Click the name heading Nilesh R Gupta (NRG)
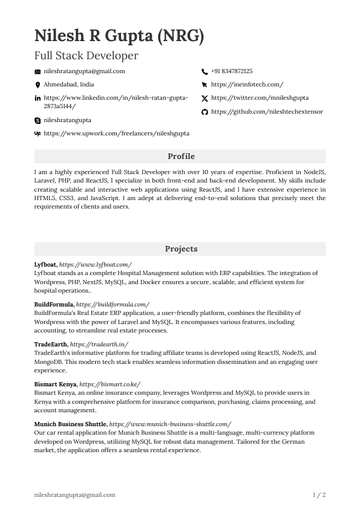click(119, 36)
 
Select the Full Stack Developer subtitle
click(86, 56)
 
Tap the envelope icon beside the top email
click(38, 71)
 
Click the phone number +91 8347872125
click(232, 71)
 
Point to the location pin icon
click(38, 85)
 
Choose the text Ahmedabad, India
click(69, 85)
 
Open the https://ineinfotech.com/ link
click(247, 85)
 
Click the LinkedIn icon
click(38, 98)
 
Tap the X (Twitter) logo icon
click(205, 98)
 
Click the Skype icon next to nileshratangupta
click(38, 121)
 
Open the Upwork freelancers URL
click(116, 133)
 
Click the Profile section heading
click(180, 157)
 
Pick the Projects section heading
click(180, 249)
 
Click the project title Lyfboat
click(46, 265)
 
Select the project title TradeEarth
click(51, 344)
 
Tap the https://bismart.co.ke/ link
click(110, 384)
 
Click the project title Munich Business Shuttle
click(70, 424)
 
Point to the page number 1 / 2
click(319, 495)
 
